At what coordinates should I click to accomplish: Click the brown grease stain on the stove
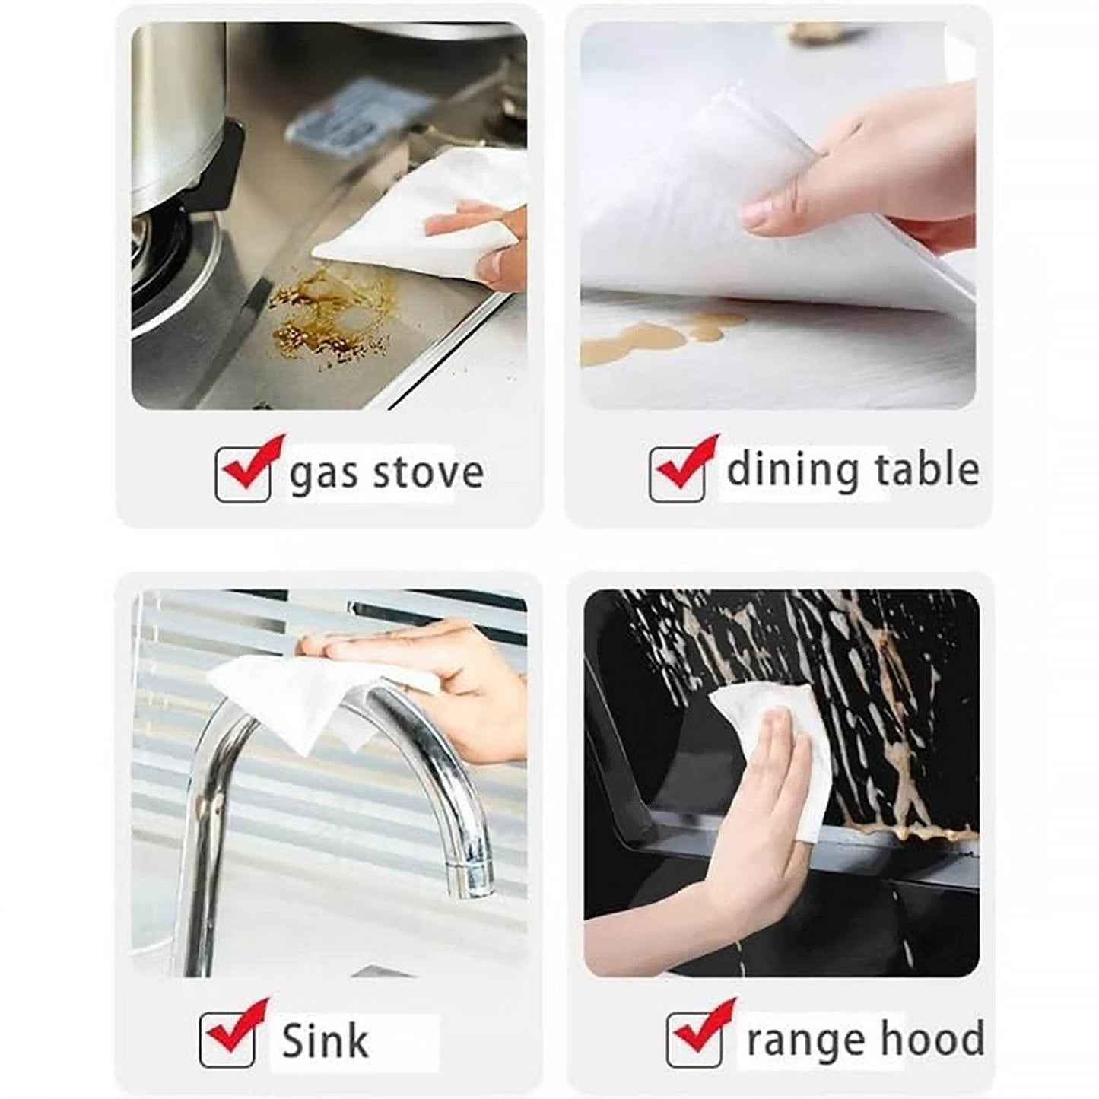click(327, 316)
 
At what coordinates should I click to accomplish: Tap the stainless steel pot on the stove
click(176, 114)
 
